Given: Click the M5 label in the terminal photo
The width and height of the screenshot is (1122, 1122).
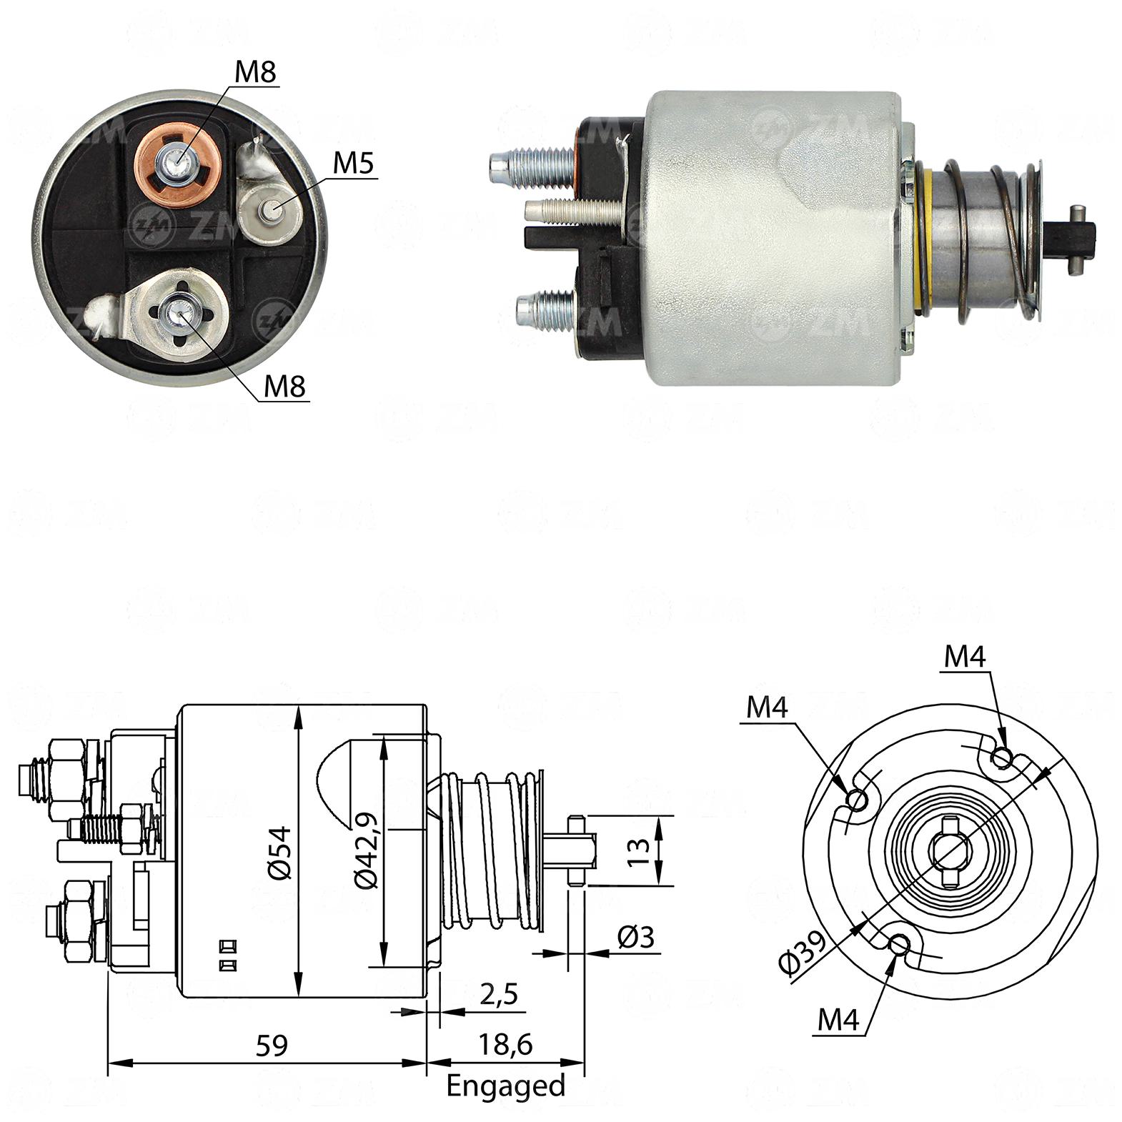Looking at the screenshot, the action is click(x=354, y=164).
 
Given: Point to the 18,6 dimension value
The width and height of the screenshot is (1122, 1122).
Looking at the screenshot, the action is click(x=505, y=1044).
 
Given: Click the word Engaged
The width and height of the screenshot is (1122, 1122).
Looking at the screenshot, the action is click(x=505, y=1086).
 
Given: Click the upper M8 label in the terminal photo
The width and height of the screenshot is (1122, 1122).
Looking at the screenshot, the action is click(x=255, y=72).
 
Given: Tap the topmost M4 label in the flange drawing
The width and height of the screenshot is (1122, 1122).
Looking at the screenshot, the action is click(x=965, y=657).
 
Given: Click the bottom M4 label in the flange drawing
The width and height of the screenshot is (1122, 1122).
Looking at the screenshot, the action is click(x=838, y=1020).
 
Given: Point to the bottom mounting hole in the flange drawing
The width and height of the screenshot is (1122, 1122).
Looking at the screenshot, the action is click(x=898, y=945).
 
